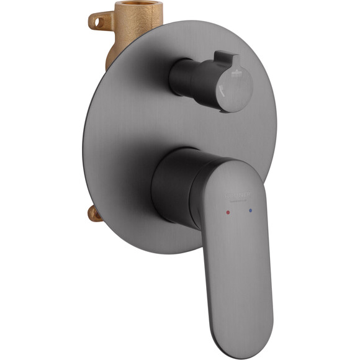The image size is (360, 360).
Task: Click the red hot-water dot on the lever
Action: click(228, 212)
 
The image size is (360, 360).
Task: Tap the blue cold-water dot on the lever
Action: click(251, 210)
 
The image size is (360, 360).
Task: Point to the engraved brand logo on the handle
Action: click(239, 196)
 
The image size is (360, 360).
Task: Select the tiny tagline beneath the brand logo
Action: click(240, 201)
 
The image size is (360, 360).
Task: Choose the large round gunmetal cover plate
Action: click(124, 137)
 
